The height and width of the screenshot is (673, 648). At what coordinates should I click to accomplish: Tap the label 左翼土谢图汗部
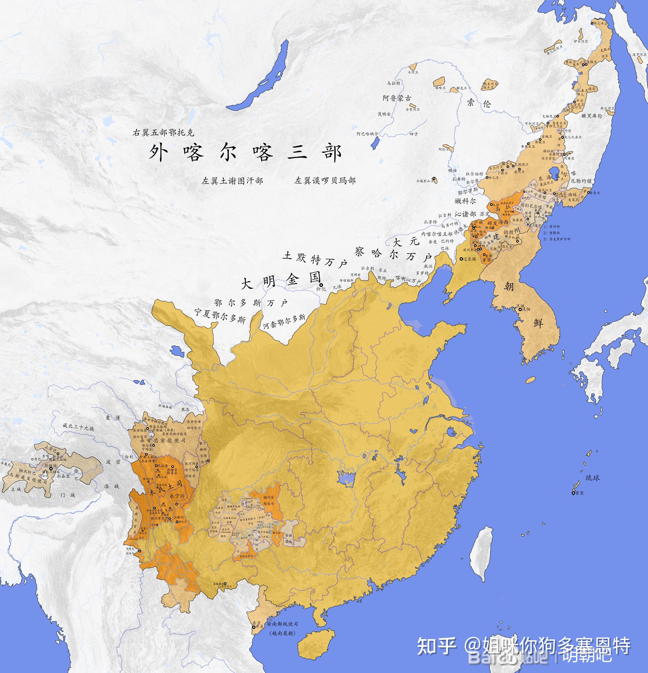pos(232,181)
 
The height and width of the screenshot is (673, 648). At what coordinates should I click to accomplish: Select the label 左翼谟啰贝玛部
pos(325,181)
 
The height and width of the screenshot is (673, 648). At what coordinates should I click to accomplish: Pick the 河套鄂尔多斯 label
pos(284,322)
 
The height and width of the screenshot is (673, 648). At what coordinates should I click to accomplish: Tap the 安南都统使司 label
pos(282,624)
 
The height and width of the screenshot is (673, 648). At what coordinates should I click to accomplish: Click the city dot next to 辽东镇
pos(461,259)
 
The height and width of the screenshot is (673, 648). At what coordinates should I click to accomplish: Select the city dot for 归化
pos(321,285)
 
